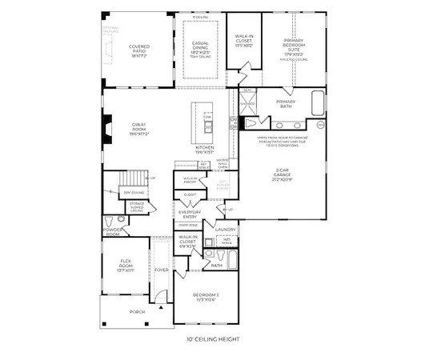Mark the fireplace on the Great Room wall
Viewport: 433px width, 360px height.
[x=106, y=126]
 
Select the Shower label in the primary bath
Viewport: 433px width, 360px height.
[x=248, y=102]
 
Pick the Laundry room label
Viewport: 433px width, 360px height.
[x=226, y=230]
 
